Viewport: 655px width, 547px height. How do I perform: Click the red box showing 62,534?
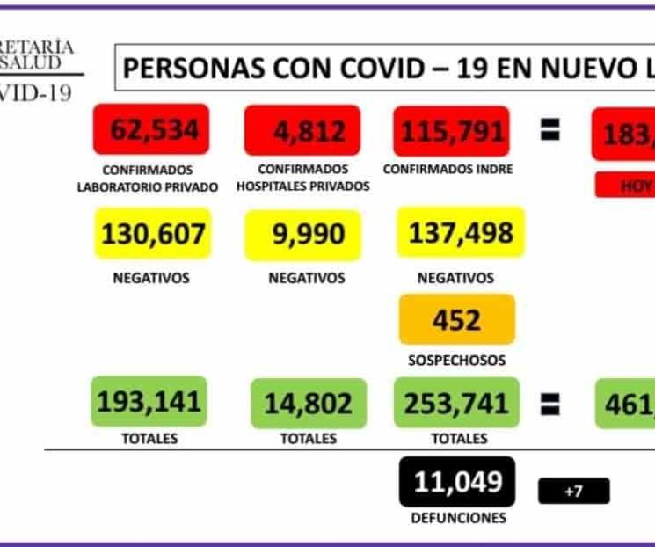151,130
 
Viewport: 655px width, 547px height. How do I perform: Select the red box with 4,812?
302,131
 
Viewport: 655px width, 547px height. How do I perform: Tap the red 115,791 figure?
453,131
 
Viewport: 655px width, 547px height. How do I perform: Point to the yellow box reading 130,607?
152,233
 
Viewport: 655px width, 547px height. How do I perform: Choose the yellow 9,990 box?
303,234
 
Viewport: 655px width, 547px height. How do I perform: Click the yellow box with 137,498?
460,232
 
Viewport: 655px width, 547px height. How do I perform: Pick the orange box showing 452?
456,318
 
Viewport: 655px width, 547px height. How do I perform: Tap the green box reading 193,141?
149,402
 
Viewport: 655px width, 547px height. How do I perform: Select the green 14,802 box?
308,403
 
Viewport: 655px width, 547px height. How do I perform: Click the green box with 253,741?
456,403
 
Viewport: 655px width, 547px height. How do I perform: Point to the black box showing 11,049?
456,481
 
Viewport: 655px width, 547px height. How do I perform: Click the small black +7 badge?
573,491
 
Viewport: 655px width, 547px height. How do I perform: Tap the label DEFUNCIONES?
456,518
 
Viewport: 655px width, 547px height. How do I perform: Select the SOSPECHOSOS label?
456,360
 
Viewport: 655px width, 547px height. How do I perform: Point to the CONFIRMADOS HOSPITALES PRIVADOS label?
303,178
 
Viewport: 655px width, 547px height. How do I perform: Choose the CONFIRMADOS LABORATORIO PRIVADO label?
148,178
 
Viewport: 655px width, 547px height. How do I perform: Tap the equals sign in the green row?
549,404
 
